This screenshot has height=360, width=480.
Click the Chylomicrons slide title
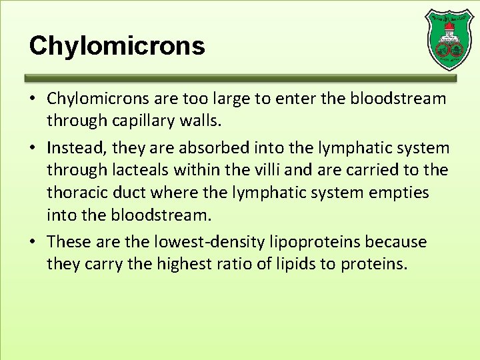pyautogui.click(x=117, y=46)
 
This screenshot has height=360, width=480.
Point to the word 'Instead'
pyautogui.click(x=75, y=148)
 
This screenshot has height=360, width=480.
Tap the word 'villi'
pyautogui.click(x=246, y=170)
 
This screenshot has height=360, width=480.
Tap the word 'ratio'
pyautogui.click(x=236, y=264)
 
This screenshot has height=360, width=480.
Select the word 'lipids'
pyautogui.click(x=295, y=264)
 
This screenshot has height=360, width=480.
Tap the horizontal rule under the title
pyautogui.click(x=241, y=77)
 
